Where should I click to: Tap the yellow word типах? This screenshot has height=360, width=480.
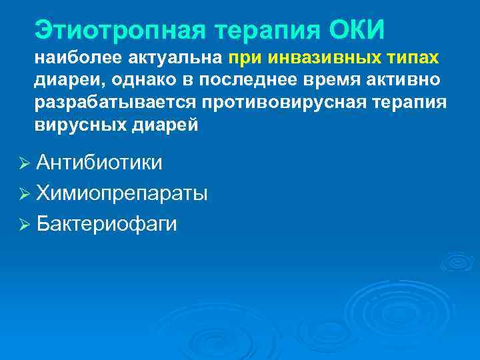[411, 58]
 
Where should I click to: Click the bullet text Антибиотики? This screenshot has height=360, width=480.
[99, 163]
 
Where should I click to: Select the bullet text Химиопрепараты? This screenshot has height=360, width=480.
[122, 193]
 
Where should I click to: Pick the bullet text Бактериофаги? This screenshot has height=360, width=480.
[107, 223]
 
